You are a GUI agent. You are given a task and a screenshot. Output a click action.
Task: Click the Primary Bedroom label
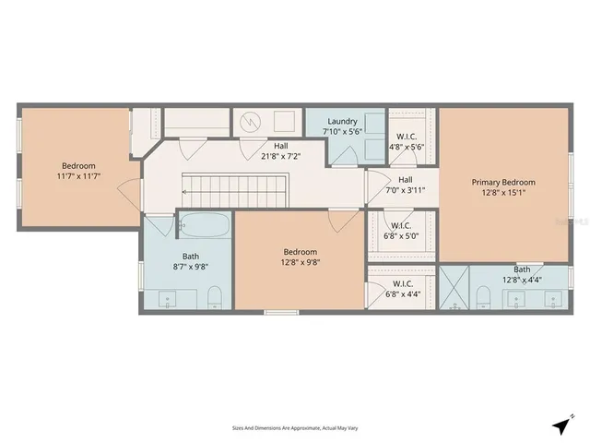point(503,182)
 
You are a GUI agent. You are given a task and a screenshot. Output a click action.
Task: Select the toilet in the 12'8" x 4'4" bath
point(482,295)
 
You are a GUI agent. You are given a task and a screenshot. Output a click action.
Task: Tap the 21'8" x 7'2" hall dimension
point(279,157)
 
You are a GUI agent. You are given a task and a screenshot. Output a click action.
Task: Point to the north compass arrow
point(560,424)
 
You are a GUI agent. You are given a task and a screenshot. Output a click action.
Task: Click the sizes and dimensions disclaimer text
point(294,427)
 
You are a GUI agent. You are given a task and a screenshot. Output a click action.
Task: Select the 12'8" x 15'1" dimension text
point(503,193)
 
